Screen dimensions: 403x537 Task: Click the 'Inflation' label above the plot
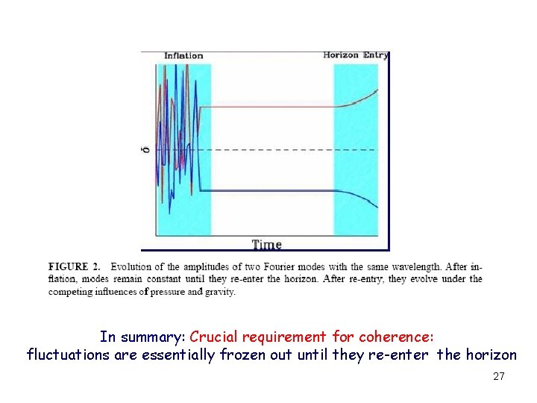click(183, 55)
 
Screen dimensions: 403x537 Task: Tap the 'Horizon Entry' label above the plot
click(356, 55)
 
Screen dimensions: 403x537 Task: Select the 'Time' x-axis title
click(266, 244)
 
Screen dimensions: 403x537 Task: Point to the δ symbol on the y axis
click(147, 150)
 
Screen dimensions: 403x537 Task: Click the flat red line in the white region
click(268, 107)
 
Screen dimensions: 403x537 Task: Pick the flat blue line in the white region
click(268, 191)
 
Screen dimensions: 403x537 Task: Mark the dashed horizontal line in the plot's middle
click(268, 150)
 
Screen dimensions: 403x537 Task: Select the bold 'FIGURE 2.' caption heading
click(74, 267)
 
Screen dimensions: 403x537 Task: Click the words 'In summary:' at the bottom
click(142, 337)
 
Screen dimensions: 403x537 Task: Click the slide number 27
click(499, 377)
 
